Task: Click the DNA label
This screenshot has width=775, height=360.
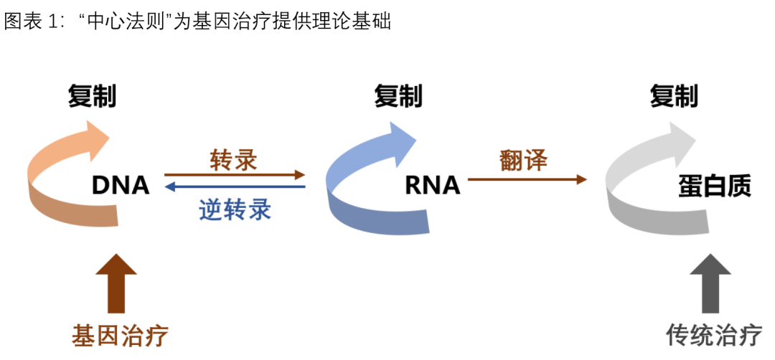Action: (x=121, y=186)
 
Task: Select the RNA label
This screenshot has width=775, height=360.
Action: (x=432, y=186)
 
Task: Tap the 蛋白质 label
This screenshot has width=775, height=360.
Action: (x=714, y=186)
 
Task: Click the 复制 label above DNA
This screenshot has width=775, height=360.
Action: (x=92, y=96)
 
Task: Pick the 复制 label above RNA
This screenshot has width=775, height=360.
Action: (x=398, y=96)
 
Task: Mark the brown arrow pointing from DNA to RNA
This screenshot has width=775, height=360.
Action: (x=235, y=174)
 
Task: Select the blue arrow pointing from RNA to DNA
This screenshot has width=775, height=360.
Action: (x=235, y=187)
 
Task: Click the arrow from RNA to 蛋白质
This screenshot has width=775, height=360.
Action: (x=527, y=179)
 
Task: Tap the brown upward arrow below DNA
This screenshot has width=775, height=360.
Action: (x=116, y=283)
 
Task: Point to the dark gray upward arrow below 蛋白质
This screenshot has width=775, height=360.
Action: (x=710, y=283)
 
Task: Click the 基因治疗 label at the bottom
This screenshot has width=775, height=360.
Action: (x=119, y=335)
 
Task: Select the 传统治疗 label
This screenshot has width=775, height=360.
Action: (x=714, y=335)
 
